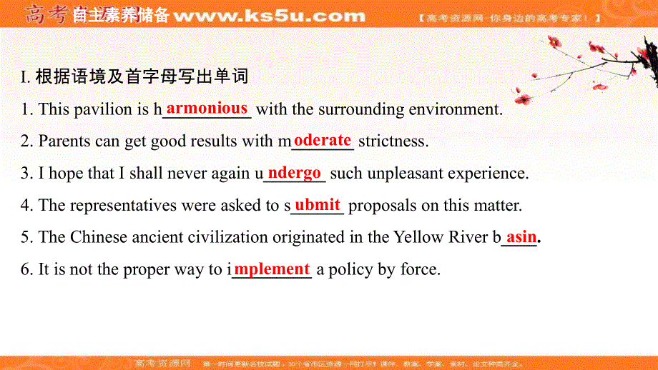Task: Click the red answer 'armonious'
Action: (x=207, y=109)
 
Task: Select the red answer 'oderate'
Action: (x=323, y=140)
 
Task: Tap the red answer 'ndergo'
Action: (x=295, y=172)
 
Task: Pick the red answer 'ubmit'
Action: (x=318, y=204)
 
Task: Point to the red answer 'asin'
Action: (x=521, y=236)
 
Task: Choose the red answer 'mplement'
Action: (x=272, y=269)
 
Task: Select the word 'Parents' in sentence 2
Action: (x=65, y=141)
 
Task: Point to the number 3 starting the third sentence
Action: (x=24, y=174)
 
